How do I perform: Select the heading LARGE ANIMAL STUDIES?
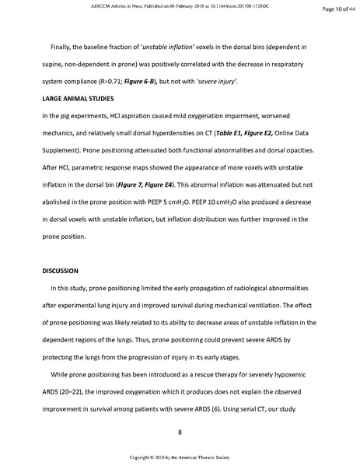click(74, 100)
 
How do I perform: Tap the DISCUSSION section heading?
click(57, 271)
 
